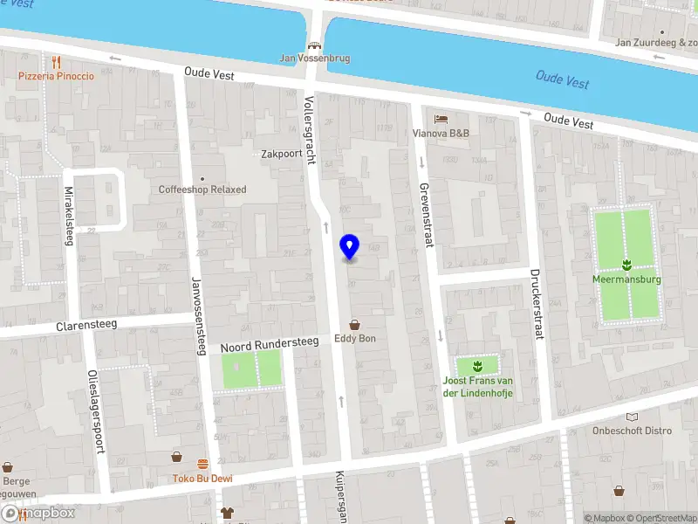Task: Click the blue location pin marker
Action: (x=350, y=247)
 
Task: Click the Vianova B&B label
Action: (x=441, y=134)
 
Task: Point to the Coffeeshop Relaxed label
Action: (x=202, y=190)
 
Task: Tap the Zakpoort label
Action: (x=282, y=154)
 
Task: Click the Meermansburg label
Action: (x=626, y=279)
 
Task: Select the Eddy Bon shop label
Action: (x=355, y=338)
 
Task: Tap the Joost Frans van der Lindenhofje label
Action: (x=476, y=387)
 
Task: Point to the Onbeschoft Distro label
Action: (x=633, y=430)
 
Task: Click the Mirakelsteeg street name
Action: (x=69, y=216)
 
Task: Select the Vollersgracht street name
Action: (x=308, y=130)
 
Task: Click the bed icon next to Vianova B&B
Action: (x=441, y=118)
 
